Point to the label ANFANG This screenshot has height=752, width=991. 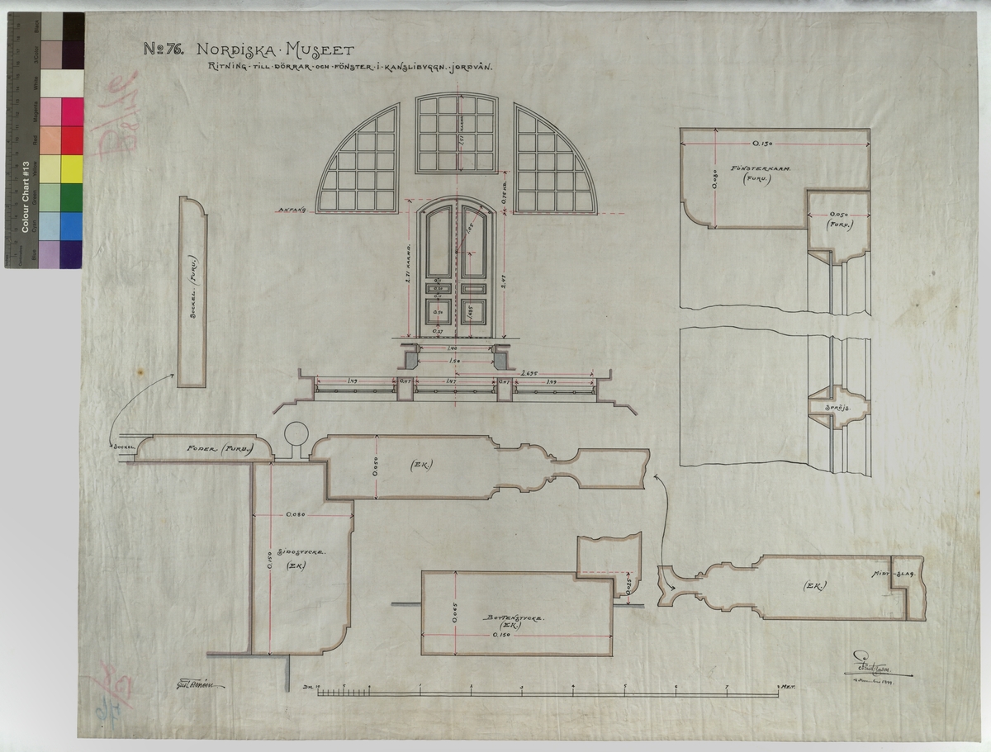292,210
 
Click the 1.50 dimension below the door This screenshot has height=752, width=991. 455,362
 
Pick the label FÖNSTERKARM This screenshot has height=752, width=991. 761,168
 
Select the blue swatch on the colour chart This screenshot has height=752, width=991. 73,225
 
